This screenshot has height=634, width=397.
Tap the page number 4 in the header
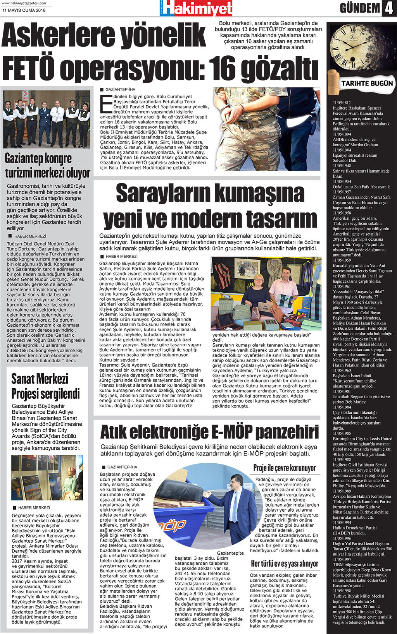click(388, 8)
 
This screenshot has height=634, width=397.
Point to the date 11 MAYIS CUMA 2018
click(24, 10)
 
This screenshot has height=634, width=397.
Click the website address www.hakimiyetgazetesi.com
click(24, 3)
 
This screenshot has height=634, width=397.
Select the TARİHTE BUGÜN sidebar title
click(367, 83)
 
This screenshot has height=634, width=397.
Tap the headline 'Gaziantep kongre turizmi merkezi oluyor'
click(47, 166)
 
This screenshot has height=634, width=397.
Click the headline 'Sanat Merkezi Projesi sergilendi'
click(45, 386)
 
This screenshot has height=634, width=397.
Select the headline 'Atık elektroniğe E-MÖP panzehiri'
click(209, 432)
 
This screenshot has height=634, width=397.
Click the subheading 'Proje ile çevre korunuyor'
click(285, 468)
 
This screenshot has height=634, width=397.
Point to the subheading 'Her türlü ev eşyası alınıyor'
click(285, 564)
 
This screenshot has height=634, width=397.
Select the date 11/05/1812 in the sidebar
click(342, 103)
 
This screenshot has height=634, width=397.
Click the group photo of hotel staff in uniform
click(47, 119)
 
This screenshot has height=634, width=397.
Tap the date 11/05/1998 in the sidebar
click(342, 591)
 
